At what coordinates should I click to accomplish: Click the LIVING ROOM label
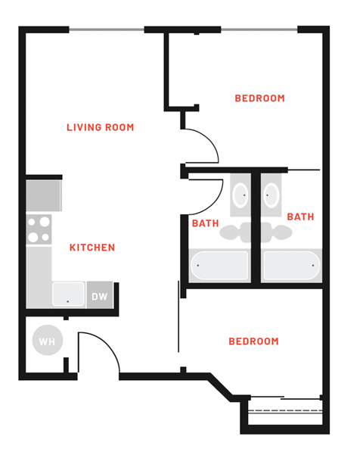100,127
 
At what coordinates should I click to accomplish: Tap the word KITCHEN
92,248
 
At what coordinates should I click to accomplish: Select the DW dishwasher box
100,296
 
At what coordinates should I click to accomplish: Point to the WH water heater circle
47,341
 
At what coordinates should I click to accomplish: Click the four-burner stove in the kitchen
39,229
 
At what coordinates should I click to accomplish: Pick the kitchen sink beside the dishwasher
68,294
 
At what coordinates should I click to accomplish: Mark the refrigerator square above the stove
43,195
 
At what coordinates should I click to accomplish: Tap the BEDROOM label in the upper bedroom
259,98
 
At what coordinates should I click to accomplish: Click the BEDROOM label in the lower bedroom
253,341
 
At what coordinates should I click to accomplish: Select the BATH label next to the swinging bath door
205,223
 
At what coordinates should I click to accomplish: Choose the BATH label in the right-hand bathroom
300,217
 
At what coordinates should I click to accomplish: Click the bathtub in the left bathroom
219,266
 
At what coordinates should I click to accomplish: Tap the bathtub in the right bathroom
291,266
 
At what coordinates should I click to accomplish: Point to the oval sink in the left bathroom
240,196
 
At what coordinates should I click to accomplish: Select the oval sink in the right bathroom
271,196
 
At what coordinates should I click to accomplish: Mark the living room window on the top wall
106,30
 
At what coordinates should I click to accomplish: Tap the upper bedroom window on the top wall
259,30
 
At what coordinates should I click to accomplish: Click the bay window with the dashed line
285,411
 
